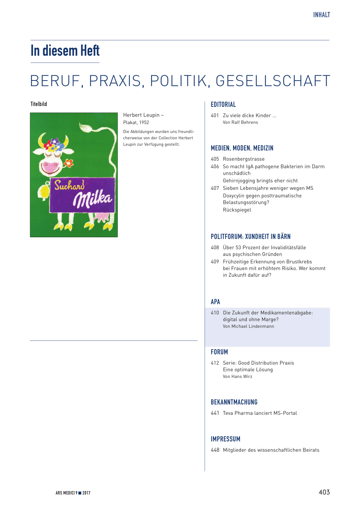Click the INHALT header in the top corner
[x=321, y=15]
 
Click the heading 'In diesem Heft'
[x=65, y=51]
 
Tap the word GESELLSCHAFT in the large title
[x=273, y=81]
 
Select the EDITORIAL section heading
[x=223, y=104]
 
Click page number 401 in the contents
[x=215, y=116]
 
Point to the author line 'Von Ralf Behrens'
[x=240, y=122]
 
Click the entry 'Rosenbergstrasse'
[x=244, y=159]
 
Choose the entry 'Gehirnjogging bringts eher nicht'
[x=260, y=181]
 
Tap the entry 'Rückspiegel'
[x=237, y=210]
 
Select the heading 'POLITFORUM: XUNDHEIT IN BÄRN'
[x=251, y=237]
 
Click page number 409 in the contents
[x=215, y=262]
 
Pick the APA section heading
[x=215, y=302]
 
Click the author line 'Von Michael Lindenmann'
[x=248, y=327]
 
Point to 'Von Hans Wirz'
[x=237, y=376]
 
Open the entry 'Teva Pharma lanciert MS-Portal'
[x=260, y=413]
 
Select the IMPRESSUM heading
[x=225, y=439]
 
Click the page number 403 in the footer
[x=324, y=492]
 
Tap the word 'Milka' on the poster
[x=92, y=199]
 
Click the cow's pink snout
[x=50, y=167]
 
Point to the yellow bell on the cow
[x=44, y=191]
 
